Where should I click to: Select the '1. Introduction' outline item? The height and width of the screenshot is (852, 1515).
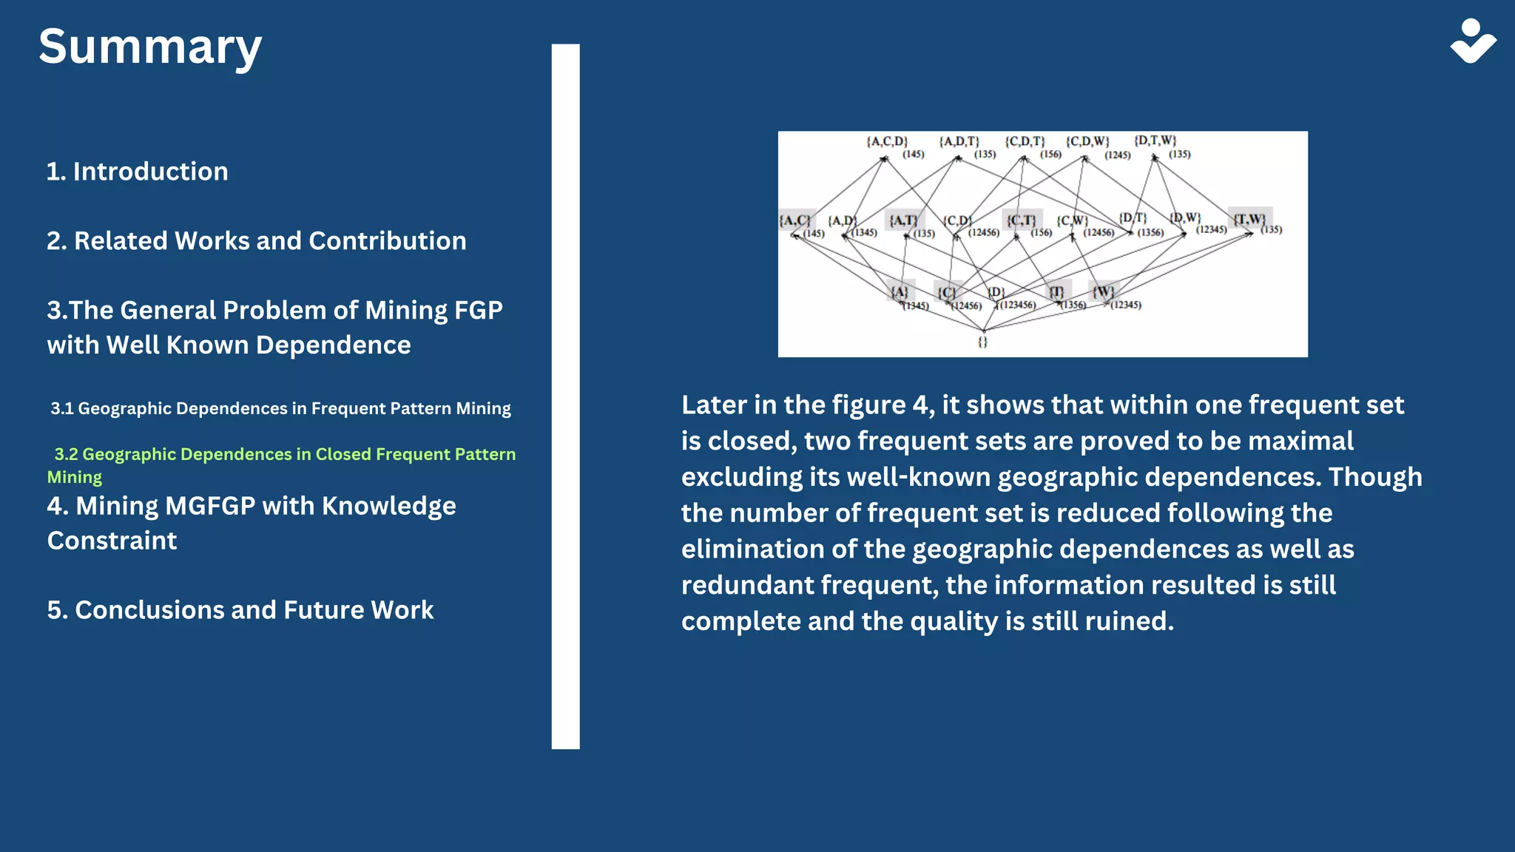[138, 172]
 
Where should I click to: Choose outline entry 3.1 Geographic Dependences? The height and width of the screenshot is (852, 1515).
[280, 408]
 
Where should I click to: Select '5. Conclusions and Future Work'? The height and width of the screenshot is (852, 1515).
[240, 610]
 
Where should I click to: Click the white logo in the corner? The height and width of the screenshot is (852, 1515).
[1473, 41]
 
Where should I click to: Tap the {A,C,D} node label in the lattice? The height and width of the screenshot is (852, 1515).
[887, 141]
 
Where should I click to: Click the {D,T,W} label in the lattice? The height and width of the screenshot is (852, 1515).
[1155, 141]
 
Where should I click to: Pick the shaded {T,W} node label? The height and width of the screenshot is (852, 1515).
[1249, 218]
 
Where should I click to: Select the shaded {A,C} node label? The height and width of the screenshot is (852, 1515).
[795, 220]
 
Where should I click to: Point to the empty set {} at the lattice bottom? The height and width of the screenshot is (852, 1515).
[982, 342]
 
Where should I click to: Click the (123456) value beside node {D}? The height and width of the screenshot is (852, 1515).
[1018, 305]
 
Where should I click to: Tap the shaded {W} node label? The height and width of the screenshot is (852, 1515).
[1104, 291]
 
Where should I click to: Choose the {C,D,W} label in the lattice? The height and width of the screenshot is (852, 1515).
[1087, 141]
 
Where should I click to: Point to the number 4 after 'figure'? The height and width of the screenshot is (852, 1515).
[920, 405]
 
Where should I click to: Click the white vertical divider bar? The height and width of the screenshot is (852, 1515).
[565, 396]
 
